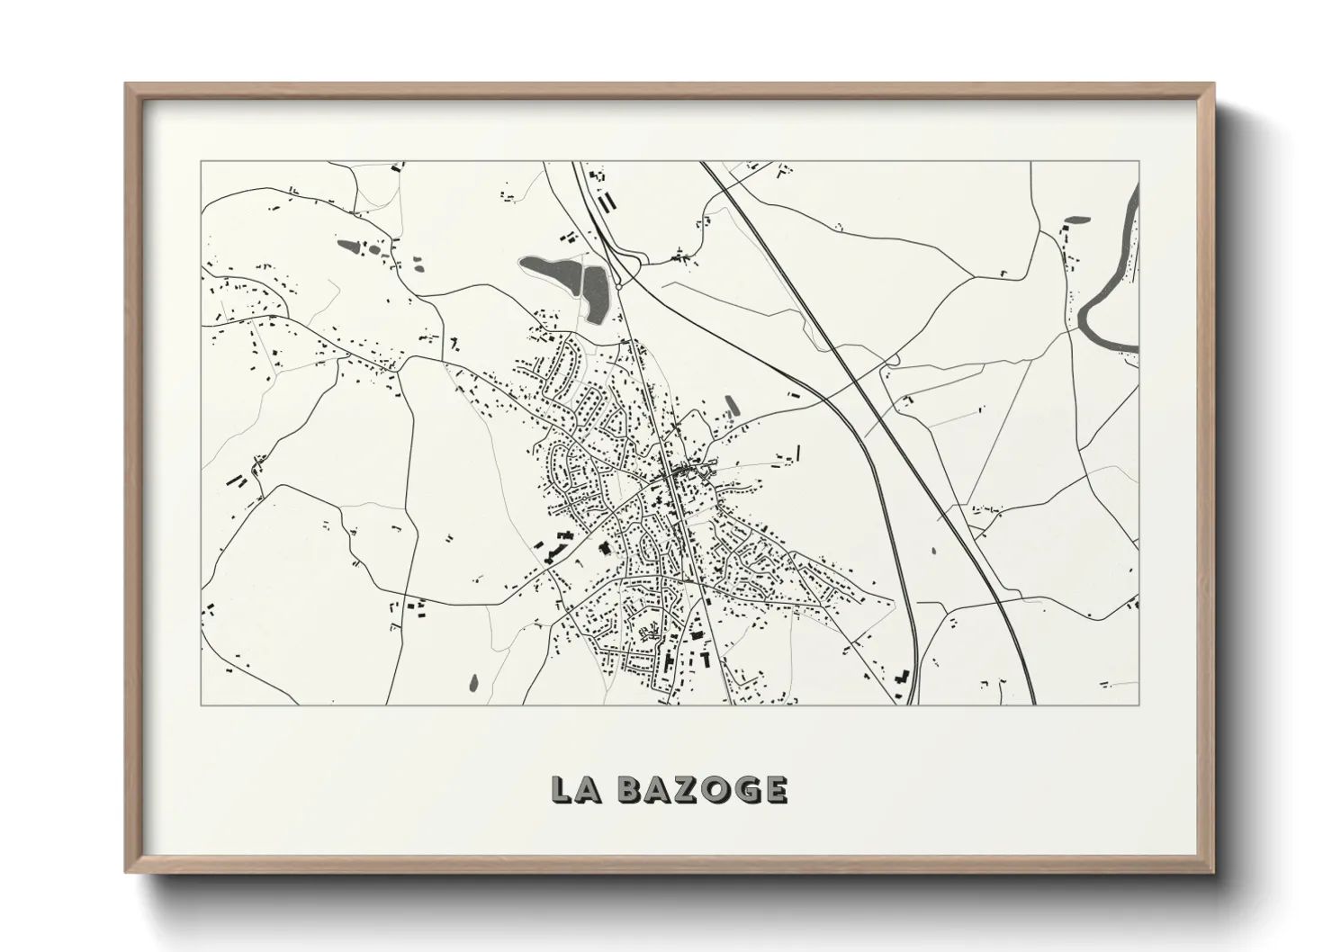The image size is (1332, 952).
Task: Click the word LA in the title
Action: tap(573, 789)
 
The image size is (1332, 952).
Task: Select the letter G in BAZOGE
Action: tap(746, 789)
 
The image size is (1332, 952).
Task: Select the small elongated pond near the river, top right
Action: tap(1076, 218)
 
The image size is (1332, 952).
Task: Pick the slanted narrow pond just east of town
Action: tap(732, 407)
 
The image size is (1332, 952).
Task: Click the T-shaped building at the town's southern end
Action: tap(706, 660)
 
